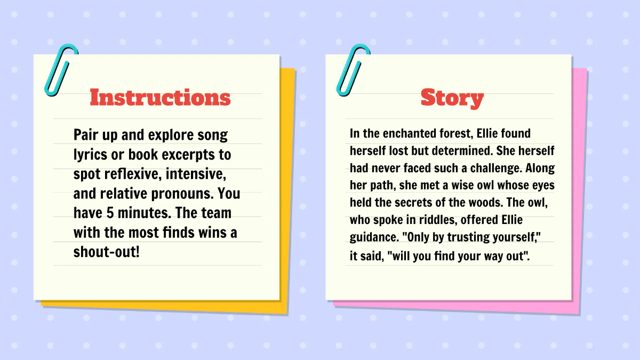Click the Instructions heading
coord(160,98)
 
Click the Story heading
coord(452,98)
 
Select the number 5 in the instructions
coord(113,213)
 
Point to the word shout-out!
coord(106,251)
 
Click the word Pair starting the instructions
coord(85,135)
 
